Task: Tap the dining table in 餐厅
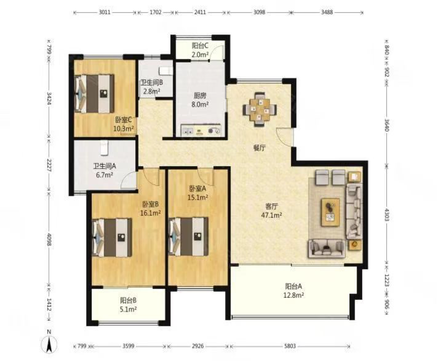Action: [x=260, y=109]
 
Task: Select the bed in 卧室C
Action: [x=95, y=94]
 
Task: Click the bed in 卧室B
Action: [x=112, y=237]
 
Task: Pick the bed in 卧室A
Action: [x=189, y=236]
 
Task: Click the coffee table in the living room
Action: [x=330, y=212]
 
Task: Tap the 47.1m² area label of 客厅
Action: [x=272, y=215]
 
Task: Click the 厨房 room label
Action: [x=200, y=96]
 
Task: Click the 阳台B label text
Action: [x=128, y=300]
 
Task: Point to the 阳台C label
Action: [x=200, y=46]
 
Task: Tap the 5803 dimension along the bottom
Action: [x=290, y=346]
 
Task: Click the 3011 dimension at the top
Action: [x=104, y=12]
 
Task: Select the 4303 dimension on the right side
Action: [x=387, y=215]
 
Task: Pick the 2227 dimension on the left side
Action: [x=49, y=165]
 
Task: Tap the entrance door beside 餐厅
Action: [x=285, y=137]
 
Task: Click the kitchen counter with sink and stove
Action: [x=201, y=130]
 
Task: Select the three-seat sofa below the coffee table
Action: [x=327, y=248]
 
